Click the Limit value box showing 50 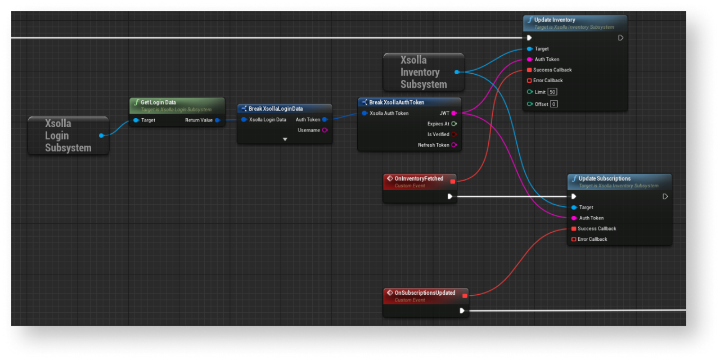tap(553, 92)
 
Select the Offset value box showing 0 tap(554, 104)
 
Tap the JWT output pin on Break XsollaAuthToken tap(453, 113)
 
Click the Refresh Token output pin tap(453, 145)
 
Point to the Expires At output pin tap(453, 124)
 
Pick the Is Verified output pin tap(453, 134)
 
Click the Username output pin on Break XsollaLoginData tap(325, 130)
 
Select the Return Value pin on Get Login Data tap(217, 120)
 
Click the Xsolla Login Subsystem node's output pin tap(101, 136)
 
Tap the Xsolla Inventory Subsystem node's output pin tap(457, 72)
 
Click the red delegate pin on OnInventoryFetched tap(452, 181)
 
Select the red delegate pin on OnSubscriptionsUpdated tap(465, 295)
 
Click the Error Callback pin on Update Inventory tap(529, 80)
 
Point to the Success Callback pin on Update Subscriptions tap(573, 228)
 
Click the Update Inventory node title tap(555, 20)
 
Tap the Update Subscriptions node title tap(604, 178)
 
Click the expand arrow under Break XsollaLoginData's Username tap(285, 139)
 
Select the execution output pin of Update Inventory tap(620, 38)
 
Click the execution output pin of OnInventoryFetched tap(450, 196)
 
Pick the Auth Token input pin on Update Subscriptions tap(574, 218)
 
